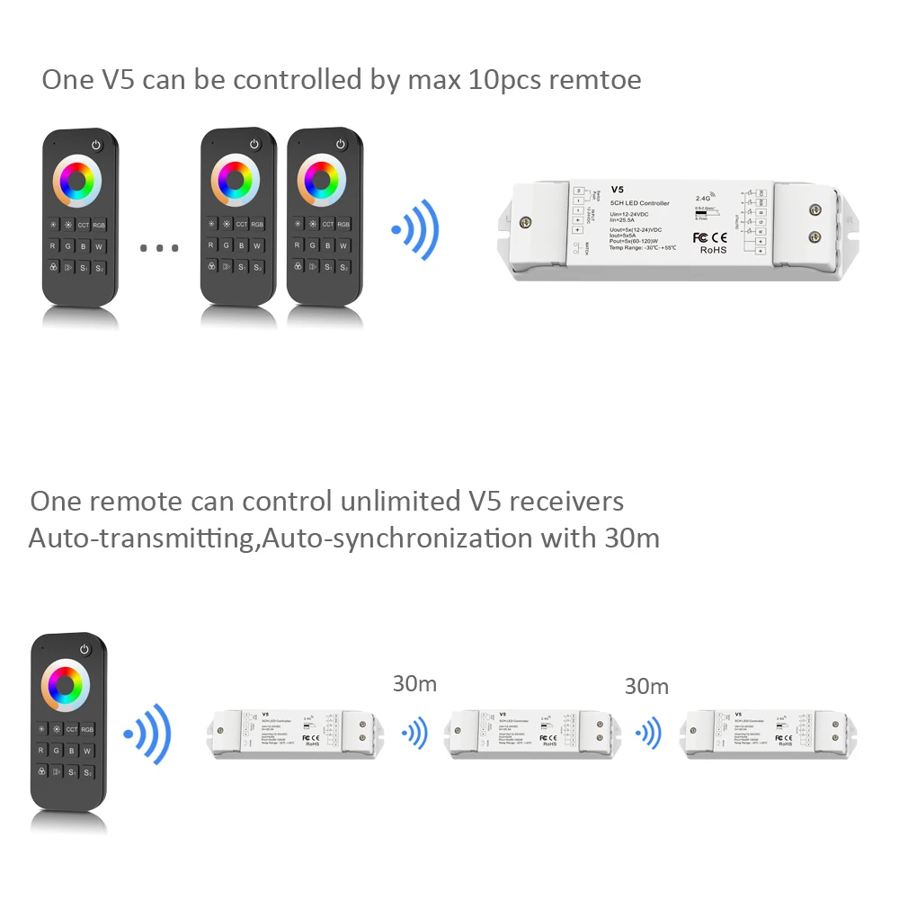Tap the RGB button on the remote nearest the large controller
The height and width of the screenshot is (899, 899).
tap(343, 224)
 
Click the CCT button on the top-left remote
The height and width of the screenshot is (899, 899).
tap(84, 224)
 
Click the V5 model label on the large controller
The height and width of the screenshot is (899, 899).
tap(617, 190)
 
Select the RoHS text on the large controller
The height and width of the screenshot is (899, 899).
tap(712, 250)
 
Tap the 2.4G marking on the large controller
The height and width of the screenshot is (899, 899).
tap(704, 197)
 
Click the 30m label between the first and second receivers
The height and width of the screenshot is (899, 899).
tap(414, 684)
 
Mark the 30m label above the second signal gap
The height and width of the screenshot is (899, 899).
tap(646, 687)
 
